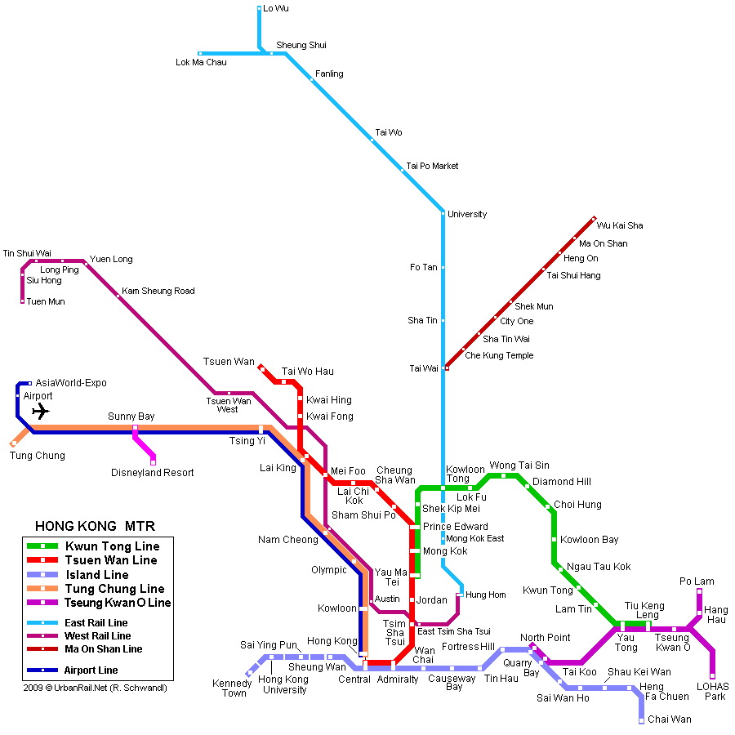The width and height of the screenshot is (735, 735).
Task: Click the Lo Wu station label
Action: (x=276, y=8)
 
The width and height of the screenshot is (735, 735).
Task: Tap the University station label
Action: (x=467, y=215)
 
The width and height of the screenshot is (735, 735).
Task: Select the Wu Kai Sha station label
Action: (x=620, y=225)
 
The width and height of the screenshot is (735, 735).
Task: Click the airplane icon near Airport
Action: (x=40, y=412)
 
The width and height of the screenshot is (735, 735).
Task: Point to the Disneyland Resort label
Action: (x=153, y=473)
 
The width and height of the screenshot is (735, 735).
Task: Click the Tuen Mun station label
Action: (x=46, y=302)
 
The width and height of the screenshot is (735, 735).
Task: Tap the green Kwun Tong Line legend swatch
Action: (x=42, y=546)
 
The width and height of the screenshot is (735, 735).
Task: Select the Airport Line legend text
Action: (x=91, y=670)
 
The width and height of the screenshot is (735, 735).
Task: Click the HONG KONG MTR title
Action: (x=95, y=526)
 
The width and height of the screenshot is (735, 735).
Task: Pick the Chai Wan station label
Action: (x=670, y=719)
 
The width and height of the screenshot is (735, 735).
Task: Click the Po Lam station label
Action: (x=697, y=581)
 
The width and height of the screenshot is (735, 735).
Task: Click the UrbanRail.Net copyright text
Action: (x=95, y=688)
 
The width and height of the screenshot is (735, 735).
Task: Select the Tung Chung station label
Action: (x=38, y=456)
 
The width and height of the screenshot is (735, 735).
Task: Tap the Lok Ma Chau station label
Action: (x=201, y=62)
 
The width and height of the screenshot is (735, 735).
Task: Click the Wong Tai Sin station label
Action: (x=519, y=465)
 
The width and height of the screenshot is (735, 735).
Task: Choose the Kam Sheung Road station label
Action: (x=158, y=292)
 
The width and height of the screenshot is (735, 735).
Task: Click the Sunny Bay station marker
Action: (x=135, y=427)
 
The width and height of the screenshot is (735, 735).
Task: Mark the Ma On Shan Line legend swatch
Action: (x=42, y=649)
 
